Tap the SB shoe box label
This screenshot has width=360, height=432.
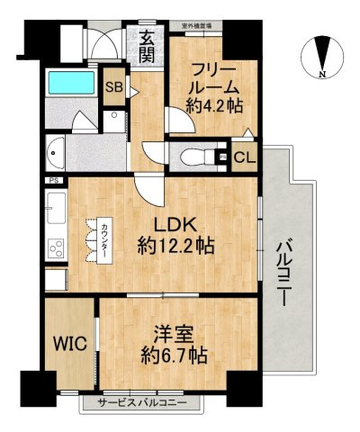click(114, 88)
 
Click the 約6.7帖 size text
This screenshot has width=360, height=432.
click(174, 355)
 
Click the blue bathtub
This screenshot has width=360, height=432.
click(71, 84)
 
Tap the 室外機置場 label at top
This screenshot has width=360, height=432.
click(197, 26)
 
